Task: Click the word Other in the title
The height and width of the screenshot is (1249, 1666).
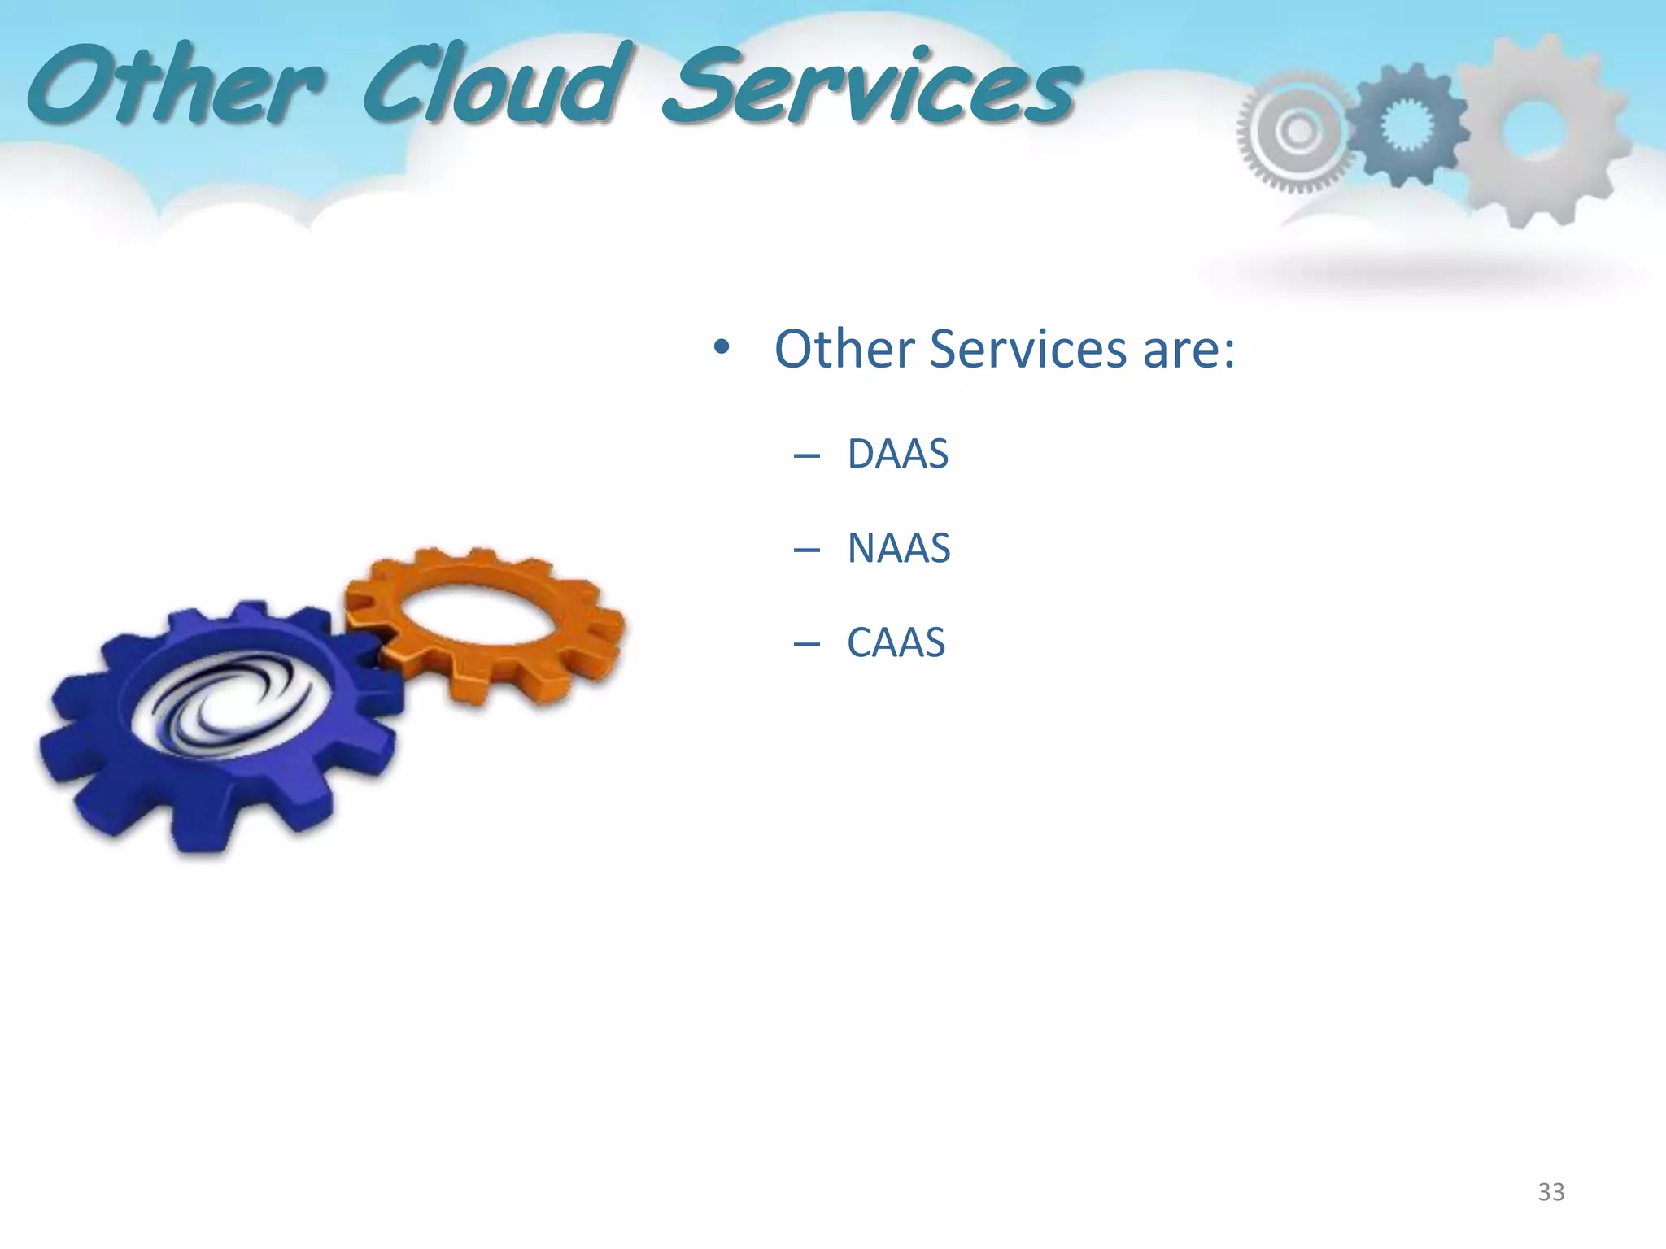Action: coord(175,85)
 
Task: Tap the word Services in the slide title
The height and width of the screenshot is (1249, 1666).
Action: coord(870,88)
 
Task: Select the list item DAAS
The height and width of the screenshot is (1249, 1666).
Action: coord(897,454)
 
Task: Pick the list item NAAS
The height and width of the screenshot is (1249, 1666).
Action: coord(898,548)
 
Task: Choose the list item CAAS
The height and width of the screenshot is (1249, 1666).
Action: coord(896,642)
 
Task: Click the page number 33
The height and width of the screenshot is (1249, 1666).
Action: coord(1550,1192)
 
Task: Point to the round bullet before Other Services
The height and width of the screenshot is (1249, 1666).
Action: coord(721,348)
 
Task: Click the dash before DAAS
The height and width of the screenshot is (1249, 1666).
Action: coord(806,456)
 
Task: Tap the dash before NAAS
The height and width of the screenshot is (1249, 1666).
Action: coord(806,551)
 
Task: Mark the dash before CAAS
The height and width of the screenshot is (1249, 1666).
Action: coord(806,645)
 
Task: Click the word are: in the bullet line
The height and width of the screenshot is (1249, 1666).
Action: coord(1188,349)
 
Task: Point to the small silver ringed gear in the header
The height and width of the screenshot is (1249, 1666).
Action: coord(1293,130)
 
